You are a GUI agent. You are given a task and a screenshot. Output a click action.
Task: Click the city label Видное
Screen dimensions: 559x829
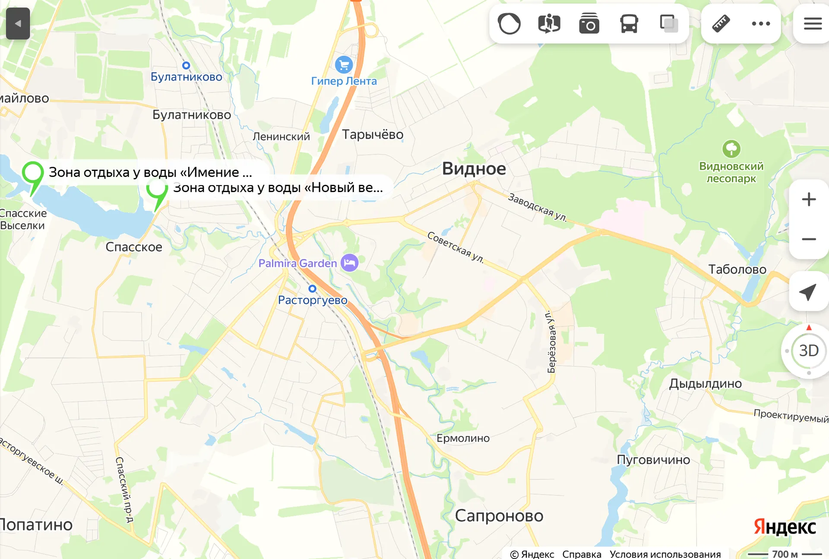pyautogui.click(x=474, y=169)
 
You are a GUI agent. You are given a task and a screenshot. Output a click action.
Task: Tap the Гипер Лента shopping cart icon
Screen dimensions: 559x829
pyautogui.click(x=344, y=65)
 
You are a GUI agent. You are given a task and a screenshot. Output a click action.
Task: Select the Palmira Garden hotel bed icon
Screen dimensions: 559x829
pyautogui.click(x=349, y=262)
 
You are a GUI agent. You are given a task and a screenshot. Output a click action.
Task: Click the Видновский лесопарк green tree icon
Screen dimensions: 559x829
pyautogui.click(x=731, y=149)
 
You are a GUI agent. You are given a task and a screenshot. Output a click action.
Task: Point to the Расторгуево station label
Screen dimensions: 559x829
pyautogui.click(x=313, y=300)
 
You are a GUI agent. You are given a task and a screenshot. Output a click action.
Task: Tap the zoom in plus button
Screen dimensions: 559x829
pyautogui.click(x=808, y=199)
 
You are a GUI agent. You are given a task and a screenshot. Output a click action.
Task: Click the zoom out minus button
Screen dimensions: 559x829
pyautogui.click(x=808, y=239)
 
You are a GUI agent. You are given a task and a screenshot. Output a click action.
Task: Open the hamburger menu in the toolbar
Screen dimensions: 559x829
pyautogui.click(x=813, y=24)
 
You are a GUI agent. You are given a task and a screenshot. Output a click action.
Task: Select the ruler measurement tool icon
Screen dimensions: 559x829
pyautogui.click(x=721, y=24)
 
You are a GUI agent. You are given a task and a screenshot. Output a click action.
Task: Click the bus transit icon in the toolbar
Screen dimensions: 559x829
pyautogui.click(x=629, y=24)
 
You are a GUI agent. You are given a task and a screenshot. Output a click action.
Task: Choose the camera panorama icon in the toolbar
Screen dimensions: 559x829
pyautogui.click(x=589, y=24)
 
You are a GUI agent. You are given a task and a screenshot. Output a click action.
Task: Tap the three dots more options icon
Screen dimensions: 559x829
pyautogui.click(x=761, y=24)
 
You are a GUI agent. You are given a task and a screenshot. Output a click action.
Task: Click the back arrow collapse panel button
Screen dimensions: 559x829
pyautogui.click(x=18, y=24)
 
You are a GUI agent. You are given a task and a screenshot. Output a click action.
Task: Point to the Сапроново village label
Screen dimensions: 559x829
pyautogui.click(x=499, y=516)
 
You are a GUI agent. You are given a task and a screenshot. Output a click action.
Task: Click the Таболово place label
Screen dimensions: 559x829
pyautogui.click(x=737, y=270)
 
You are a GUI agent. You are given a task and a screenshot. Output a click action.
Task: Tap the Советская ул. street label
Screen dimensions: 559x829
pyautogui.click(x=455, y=247)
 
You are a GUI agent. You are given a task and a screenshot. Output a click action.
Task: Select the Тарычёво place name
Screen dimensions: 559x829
pyautogui.click(x=373, y=135)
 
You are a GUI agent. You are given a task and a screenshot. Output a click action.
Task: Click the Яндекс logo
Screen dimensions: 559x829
pyautogui.click(x=785, y=527)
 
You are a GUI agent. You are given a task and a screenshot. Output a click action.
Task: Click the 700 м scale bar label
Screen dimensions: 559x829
pyautogui.click(x=785, y=554)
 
